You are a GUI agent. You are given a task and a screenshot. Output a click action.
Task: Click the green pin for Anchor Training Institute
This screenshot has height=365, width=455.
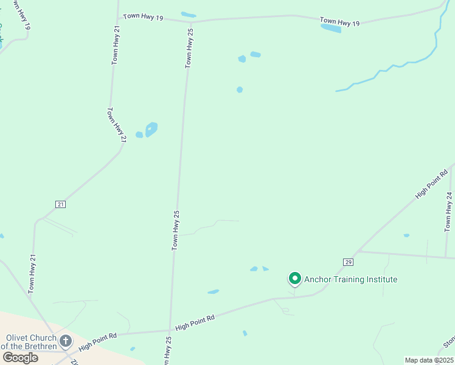tap(295, 279)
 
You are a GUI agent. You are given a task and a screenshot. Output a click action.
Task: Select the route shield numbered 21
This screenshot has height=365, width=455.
tap(60, 204)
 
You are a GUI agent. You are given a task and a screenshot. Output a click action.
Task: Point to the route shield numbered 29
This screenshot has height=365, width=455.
tap(348, 262)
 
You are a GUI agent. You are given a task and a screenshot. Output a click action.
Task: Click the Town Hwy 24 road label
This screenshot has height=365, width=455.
tap(449, 212)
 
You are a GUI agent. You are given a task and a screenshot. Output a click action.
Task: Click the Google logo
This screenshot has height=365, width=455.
tap(20, 358)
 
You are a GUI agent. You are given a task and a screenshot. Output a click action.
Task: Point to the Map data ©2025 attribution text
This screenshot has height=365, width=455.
tap(429, 360)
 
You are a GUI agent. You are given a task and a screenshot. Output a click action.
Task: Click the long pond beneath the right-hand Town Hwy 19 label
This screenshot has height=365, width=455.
tap(331, 28)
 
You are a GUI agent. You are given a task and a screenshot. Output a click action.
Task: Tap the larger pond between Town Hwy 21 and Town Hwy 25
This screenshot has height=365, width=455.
tap(151, 128)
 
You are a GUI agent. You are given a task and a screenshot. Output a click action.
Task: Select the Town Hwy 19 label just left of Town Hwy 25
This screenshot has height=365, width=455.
tap(143, 18)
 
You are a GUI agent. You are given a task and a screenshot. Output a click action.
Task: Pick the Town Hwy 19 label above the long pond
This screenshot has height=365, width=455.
tap(340, 22)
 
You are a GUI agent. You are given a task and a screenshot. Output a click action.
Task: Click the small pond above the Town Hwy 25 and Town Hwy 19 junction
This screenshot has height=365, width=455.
tap(189, 15)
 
